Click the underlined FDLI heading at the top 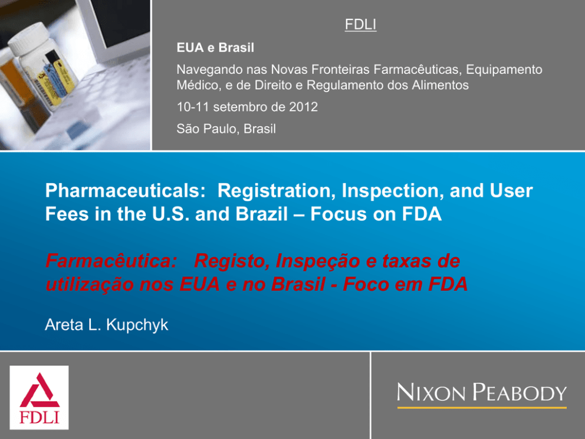point(360,25)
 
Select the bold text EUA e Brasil point(215,48)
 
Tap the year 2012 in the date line point(303,107)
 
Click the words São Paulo point(208,129)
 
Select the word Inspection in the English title point(393,191)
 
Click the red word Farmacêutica point(111,261)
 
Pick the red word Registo point(232,261)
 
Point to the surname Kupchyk point(137,325)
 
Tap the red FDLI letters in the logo point(39,417)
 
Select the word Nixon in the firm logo point(431,393)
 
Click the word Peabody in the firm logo point(520,393)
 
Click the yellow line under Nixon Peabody point(482,408)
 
